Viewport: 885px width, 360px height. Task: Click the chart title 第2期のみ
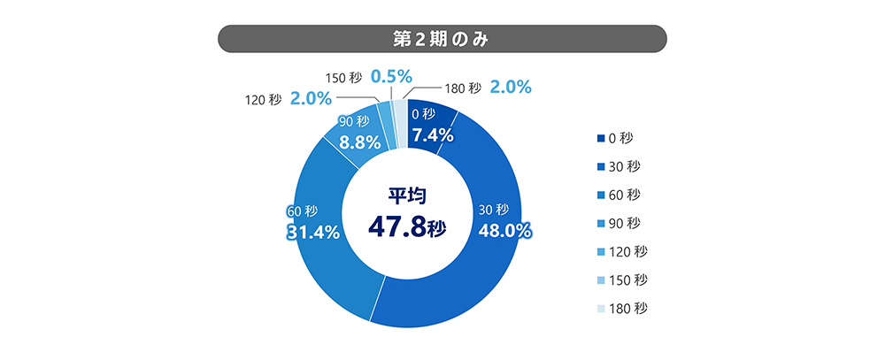click(441, 40)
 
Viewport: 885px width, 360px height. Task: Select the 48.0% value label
click(504, 232)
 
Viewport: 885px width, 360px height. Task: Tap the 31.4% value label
click(313, 233)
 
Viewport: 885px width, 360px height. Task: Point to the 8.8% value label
click(360, 141)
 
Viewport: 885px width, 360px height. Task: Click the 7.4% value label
click(432, 135)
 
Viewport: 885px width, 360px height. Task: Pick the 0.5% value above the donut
click(391, 77)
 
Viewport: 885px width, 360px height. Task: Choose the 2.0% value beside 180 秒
click(510, 88)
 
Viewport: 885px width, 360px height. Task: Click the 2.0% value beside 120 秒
click(310, 99)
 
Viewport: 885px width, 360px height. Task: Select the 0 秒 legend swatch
click(601, 138)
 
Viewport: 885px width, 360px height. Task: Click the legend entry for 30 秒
click(625, 166)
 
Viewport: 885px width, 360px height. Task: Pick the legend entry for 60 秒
click(625, 195)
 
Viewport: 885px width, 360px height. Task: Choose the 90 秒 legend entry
click(625, 223)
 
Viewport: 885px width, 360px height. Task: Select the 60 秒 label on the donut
click(302, 211)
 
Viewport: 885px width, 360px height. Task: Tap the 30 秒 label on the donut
click(493, 211)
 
